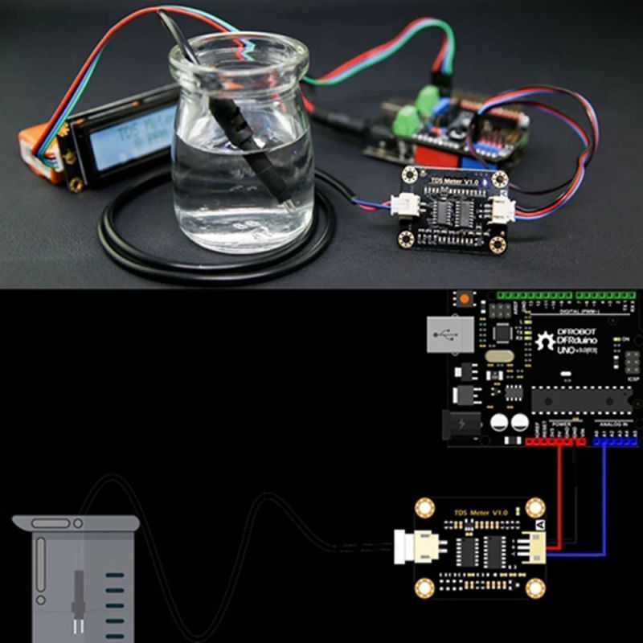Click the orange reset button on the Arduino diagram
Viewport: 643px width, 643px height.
pyautogui.click(x=465, y=300)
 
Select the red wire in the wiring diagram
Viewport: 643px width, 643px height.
pyautogui.click(x=559, y=498)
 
